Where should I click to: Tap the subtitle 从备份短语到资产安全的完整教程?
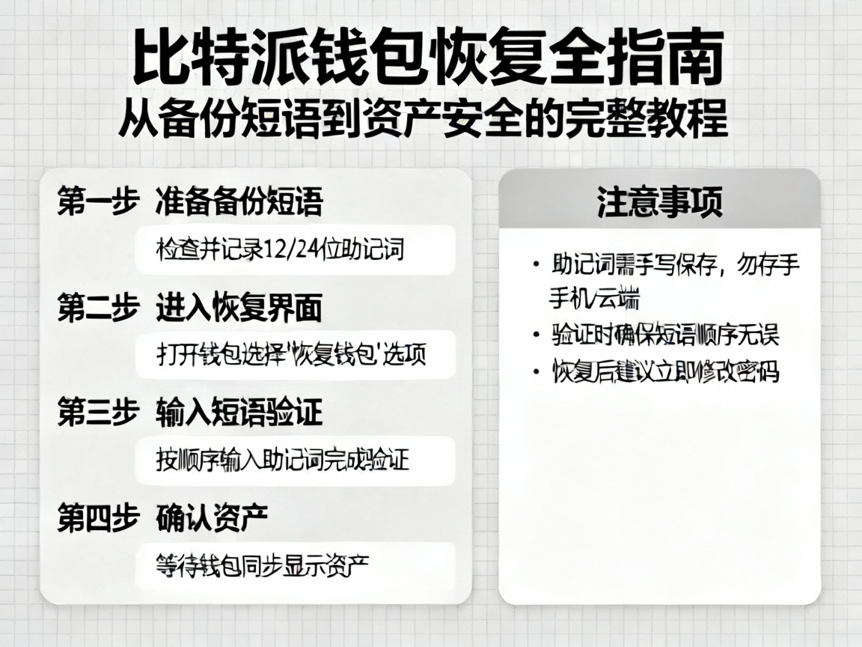pos(424,119)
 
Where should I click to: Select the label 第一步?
pos(98,202)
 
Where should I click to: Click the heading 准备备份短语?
pos(239,202)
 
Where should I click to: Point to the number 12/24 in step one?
pos(289,249)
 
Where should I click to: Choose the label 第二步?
pos(98,308)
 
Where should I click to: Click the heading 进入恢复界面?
pos(239,308)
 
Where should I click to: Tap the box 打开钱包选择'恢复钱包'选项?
pos(295,354)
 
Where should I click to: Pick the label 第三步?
pos(98,413)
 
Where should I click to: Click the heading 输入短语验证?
pos(239,413)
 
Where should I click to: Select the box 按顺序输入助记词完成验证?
pos(295,460)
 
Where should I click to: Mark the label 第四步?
pos(98,517)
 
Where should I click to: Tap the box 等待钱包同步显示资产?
pos(295,565)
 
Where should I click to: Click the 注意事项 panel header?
pos(659,201)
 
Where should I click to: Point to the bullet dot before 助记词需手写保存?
pos(536,265)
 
